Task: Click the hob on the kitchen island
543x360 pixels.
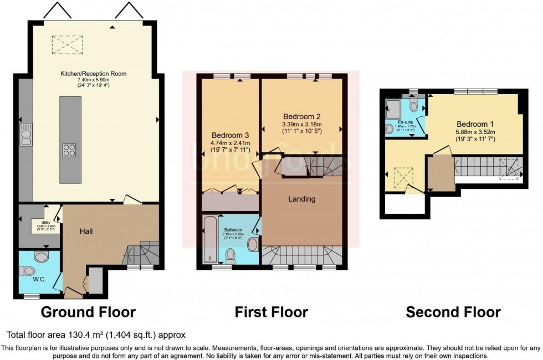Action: tap(70, 150)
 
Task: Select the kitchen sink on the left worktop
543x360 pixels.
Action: tap(25, 135)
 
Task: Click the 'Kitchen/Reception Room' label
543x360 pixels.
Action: tap(94, 74)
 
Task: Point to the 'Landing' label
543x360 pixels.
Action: tap(301, 199)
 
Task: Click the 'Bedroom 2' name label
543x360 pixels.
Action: tap(302, 117)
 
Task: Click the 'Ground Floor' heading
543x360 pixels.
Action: tap(88, 312)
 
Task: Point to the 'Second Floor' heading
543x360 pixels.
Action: tap(453, 312)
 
